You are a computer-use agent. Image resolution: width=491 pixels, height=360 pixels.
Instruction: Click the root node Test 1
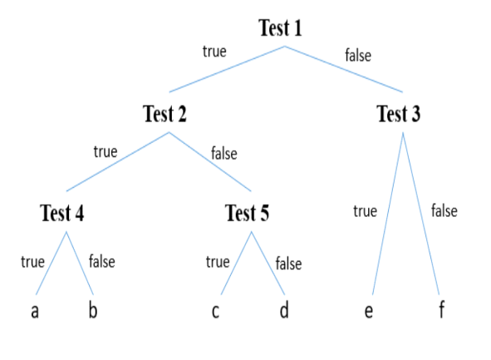coord(280,28)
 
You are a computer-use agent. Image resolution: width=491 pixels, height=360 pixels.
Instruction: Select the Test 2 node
coord(164,113)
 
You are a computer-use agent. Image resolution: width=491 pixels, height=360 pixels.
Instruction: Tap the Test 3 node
coord(398,113)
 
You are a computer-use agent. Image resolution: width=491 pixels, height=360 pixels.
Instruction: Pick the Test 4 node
coord(62,213)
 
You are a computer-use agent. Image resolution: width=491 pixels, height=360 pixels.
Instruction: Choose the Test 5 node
coord(247,213)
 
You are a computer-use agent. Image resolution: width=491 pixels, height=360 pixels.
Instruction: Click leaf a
coord(35,311)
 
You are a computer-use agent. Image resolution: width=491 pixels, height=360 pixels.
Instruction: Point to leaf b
coord(93,309)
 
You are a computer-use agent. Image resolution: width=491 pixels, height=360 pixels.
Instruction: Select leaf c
coord(215,311)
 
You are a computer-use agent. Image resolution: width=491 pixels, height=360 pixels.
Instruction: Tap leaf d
coord(284,309)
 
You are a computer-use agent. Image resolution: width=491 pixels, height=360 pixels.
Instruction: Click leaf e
coord(369,311)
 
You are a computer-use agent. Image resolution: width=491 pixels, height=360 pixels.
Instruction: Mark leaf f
coord(441,309)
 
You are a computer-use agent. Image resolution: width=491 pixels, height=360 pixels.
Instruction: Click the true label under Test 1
coord(214,52)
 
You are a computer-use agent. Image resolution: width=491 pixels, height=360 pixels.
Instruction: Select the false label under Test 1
coord(358,55)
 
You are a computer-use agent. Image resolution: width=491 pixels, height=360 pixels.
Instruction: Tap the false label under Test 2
coord(224,153)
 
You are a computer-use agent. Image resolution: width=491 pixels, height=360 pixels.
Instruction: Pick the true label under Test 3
coord(365,211)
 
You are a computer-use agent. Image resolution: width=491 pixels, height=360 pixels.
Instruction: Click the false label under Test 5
coord(289,264)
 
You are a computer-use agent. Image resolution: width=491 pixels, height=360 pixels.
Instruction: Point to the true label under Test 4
coord(33,262)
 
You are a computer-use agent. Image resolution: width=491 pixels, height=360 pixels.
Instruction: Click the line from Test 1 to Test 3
coord(343,69)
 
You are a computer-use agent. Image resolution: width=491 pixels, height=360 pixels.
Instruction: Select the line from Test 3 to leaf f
coord(421,214)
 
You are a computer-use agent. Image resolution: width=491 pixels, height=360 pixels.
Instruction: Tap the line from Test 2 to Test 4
coord(118,161)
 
